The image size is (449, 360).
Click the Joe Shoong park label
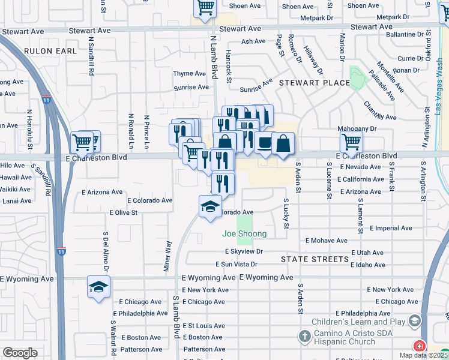tap(244, 234)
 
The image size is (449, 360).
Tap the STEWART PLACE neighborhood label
tap(314, 83)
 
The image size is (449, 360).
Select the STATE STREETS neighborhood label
tap(315, 259)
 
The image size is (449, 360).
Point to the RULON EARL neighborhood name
tap(51, 51)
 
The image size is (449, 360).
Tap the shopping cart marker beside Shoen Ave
tap(205, 8)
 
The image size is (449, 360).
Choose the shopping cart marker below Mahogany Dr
tap(351, 142)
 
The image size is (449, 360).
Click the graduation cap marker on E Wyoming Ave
tap(98, 287)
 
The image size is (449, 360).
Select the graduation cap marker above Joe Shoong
tap(210, 206)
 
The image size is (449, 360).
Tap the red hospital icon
tap(418, 347)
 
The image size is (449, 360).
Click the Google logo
tap(20, 353)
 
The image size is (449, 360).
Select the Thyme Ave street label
tap(190, 74)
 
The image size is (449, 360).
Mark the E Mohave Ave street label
tap(326, 241)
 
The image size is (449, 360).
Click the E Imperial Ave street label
tap(391, 229)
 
